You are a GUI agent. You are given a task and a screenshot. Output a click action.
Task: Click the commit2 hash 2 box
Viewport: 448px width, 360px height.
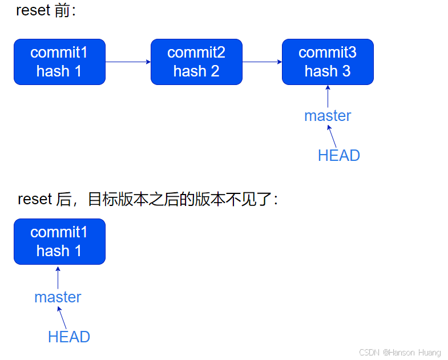196,62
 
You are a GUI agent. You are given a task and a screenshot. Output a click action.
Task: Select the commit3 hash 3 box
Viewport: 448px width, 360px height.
328,62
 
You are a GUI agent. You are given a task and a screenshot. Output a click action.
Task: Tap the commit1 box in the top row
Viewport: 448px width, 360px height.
59,62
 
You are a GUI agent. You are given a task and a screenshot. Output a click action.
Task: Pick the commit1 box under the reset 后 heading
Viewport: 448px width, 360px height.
59,241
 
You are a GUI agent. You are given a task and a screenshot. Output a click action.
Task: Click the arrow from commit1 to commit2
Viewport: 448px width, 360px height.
128,62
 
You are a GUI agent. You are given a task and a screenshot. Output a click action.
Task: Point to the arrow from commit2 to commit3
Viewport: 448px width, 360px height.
262,62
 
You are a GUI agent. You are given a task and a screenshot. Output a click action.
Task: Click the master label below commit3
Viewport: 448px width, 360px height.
328,116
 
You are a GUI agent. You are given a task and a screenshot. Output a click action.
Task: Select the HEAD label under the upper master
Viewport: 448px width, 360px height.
339,155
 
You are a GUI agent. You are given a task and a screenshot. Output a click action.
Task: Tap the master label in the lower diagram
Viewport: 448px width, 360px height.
58,297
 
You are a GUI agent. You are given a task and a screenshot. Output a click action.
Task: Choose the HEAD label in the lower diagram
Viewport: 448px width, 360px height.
69,337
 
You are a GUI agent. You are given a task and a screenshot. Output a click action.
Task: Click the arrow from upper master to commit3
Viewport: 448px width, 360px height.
328,96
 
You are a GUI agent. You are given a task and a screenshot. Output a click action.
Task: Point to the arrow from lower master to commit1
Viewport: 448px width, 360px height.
58,277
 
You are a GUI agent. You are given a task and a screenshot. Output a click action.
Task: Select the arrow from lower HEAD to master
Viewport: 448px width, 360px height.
62,317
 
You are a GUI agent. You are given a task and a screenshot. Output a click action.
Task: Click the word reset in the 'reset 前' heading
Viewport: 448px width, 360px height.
33,11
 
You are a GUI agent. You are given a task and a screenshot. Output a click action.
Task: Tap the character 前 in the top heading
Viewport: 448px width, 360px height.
62,11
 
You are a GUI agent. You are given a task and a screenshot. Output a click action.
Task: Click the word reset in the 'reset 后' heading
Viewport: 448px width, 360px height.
34,199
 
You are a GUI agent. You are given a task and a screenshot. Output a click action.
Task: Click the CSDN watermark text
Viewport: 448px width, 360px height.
400,353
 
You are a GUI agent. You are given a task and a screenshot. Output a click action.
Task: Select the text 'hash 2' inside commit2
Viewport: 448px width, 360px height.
196,71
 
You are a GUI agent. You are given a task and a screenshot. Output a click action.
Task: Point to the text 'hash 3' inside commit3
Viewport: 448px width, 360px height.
328,71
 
